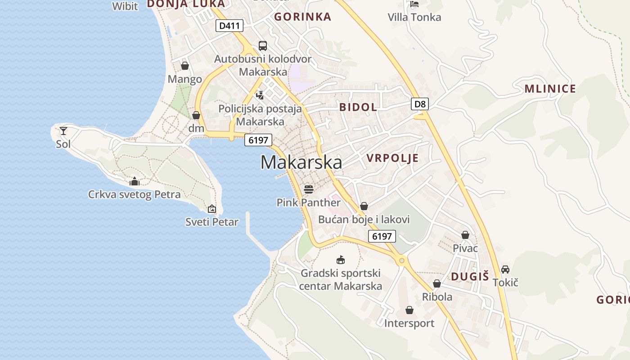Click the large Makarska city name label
point(301,162)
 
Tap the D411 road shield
point(229,26)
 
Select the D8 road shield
point(419,104)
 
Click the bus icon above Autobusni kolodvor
point(262,45)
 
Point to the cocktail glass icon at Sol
point(63,131)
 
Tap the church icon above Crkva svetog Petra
point(134,181)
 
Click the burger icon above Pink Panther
point(308,189)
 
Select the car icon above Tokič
point(505,269)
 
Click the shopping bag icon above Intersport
point(409,310)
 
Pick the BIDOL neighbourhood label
point(358,107)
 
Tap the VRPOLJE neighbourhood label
point(392,158)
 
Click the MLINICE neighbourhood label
point(550,89)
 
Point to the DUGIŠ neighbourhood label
point(470,277)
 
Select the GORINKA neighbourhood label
point(302,17)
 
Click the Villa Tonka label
point(414,17)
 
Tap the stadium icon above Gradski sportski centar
point(341,260)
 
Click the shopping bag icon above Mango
point(184,66)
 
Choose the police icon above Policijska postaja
point(260,95)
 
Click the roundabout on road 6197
point(401,260)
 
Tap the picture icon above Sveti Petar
point(212,209)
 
